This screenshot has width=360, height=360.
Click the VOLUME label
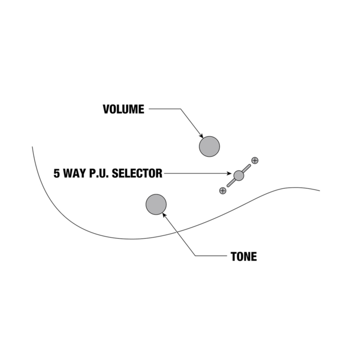point(124,109)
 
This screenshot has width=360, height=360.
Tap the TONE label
point(244,256)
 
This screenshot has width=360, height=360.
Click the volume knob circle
point(209,146)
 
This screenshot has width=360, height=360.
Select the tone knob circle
point(156,204)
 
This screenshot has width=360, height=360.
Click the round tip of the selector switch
point(239,176)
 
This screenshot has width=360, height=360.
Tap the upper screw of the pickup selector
point(255,161)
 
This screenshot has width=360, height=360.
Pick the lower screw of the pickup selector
point(223,191)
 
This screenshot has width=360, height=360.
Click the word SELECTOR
point(137,173)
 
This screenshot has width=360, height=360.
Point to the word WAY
point(74,173)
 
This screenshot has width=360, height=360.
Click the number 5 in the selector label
point(56,173)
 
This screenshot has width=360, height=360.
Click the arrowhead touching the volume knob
point(202,136)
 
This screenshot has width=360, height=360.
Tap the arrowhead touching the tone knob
point(164,215)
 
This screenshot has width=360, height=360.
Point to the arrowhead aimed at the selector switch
point(229,173)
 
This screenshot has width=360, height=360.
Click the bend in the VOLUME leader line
point(181,109)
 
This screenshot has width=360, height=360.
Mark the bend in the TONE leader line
point(195,255)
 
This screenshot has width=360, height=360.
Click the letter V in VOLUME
point(106,109)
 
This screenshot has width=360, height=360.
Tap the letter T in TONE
point(234,256)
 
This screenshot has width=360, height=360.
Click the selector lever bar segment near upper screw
point(247,168)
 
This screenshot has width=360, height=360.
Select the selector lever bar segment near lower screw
point(231,183)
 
